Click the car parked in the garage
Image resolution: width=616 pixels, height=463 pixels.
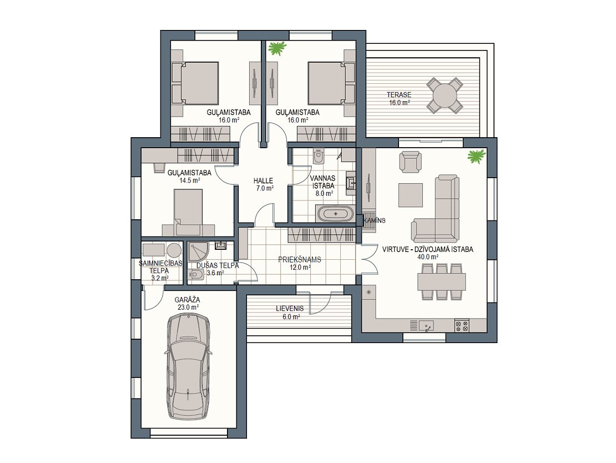point(188,367)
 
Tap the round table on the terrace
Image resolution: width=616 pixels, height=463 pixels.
point(445,95)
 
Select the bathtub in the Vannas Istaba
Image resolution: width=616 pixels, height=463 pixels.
point(336,214)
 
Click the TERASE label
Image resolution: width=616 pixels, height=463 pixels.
point(399,95)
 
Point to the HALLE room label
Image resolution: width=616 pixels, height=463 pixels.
point(263,181)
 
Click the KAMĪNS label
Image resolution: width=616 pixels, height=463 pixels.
point(375,220)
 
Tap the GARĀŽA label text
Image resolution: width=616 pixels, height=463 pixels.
point(188,300)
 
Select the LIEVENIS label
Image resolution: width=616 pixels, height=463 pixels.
point(290,309)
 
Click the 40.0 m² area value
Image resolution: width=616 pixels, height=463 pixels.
point(428,257)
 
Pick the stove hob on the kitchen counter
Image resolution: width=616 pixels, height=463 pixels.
point(462,325)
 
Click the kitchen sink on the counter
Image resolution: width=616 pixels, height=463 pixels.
point(426,325)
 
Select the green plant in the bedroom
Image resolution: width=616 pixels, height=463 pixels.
point(277,48)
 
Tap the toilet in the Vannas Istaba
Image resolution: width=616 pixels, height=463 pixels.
point(318,157)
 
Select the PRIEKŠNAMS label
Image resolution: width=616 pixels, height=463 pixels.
point(299,260)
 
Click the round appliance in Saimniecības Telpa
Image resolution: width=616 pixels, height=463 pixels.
point(174,250)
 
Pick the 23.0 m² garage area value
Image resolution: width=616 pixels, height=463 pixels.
point(188,308)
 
